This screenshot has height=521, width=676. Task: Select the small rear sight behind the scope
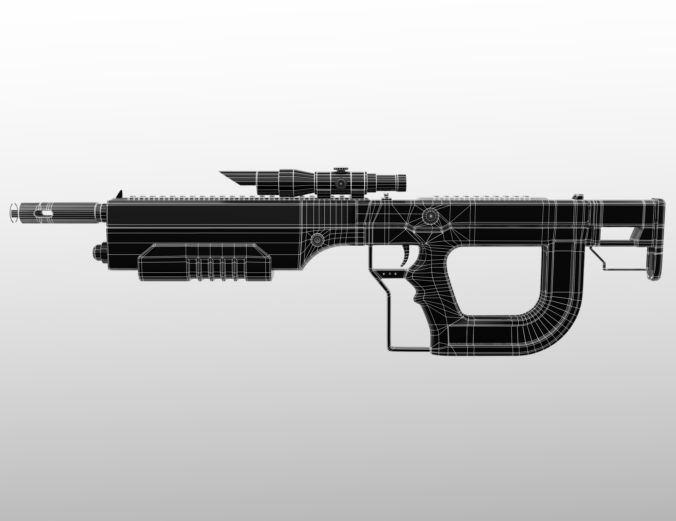pyautogui.click(x=386, y=195)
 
